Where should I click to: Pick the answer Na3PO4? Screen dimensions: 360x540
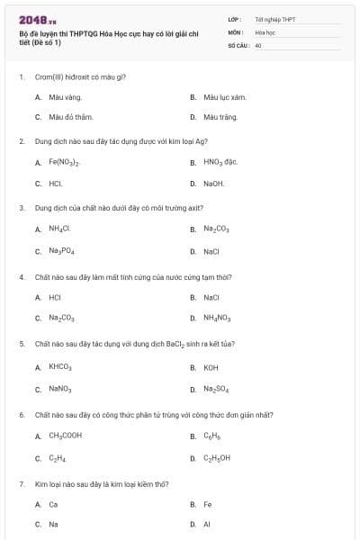coord(62,251)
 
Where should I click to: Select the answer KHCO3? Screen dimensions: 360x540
coord(60,367)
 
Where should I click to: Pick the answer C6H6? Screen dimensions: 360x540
coord(211,436)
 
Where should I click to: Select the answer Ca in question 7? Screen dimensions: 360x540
coord(53,505)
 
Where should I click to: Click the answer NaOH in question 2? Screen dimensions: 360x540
coord(213,184)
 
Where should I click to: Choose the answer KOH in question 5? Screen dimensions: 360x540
coord(211,367)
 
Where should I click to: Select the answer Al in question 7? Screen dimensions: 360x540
coord(206,523)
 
